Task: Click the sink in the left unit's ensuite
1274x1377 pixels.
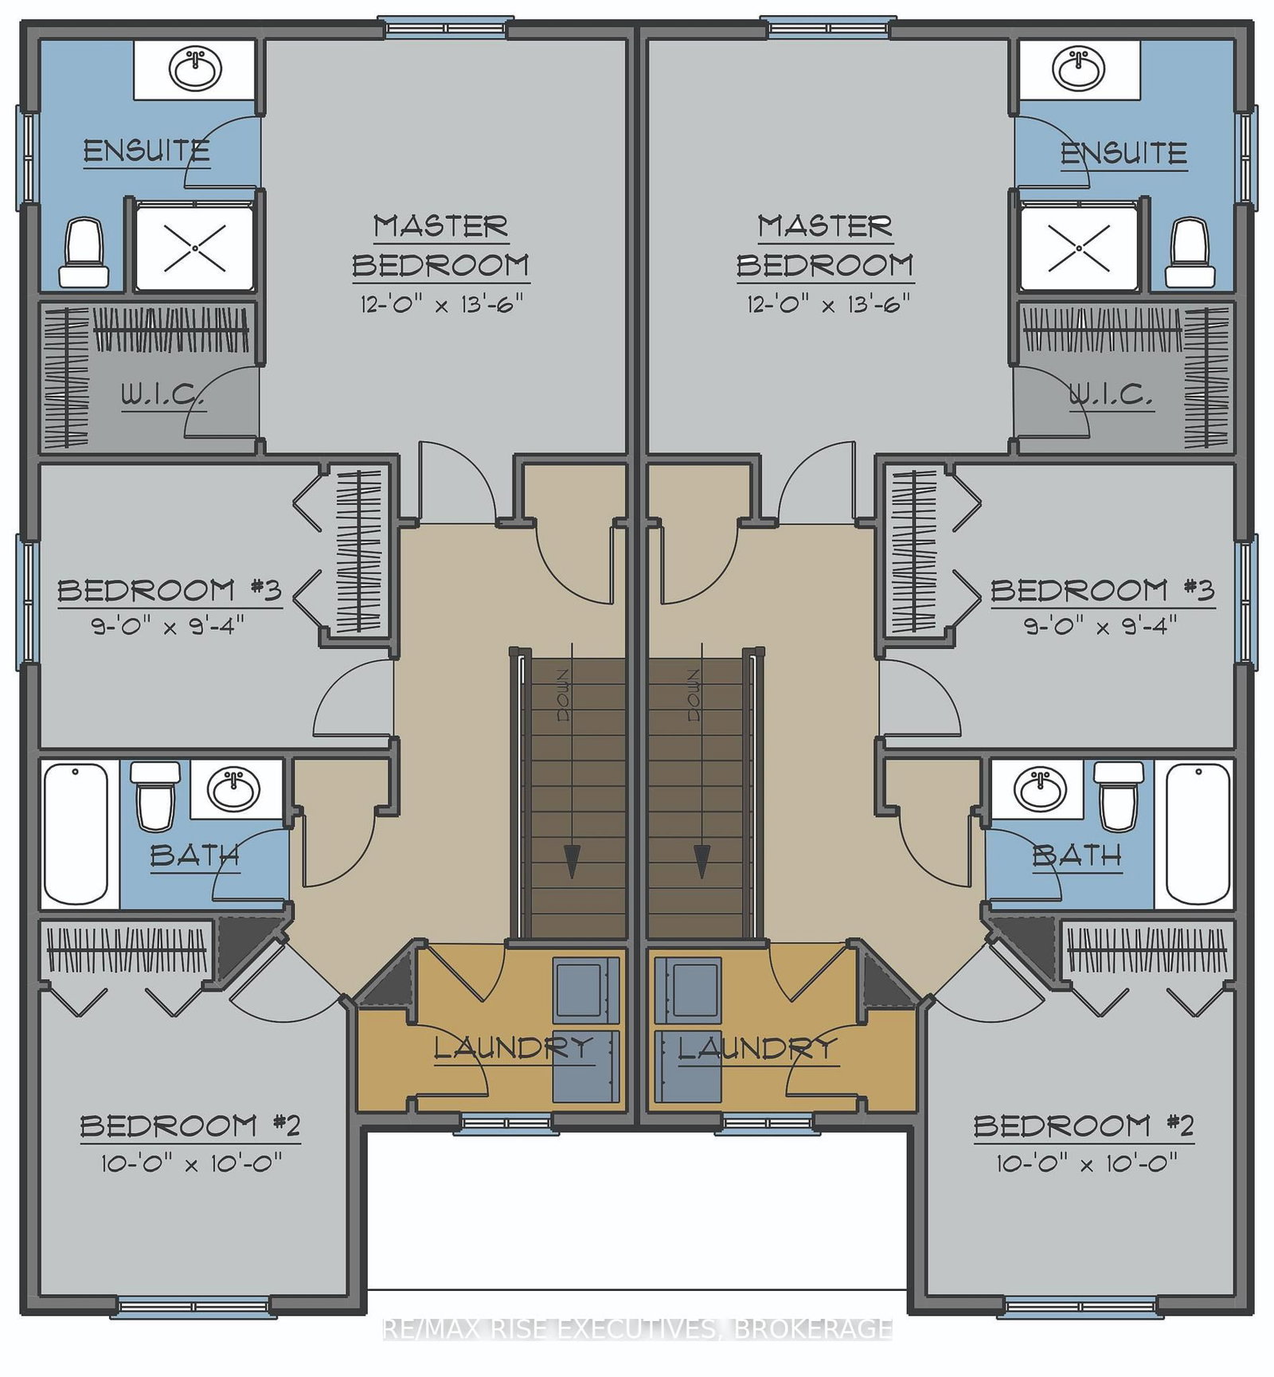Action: [x=195, y=69]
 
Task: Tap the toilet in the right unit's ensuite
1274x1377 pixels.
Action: [x=1190, y=252]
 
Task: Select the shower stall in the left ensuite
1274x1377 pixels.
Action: [x=195, y=248]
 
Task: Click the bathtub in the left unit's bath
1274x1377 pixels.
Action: [x=76, y=834]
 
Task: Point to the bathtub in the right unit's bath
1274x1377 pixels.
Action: [x=1198, y=834]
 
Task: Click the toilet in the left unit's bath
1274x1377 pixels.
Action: [x=155, y=796]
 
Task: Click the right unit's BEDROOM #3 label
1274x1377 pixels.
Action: [x=1103, y=590]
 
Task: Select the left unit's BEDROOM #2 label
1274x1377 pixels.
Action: [x=190, y=1125]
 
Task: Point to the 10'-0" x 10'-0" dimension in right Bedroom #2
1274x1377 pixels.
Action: [x=1087, y=1164]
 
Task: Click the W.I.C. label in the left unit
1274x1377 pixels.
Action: [x=163, y=394]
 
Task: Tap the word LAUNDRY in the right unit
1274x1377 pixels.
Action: [x=758, y=1048]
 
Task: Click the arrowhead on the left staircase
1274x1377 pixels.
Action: [x=573, y=861]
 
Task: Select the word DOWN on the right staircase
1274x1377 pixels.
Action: [x=693, y=695]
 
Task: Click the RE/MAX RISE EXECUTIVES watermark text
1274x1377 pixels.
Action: [x=638, y=1328]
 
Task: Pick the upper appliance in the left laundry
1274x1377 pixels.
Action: [x=585, y=991]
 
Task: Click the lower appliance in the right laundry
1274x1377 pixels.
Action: [x=687, y=1066]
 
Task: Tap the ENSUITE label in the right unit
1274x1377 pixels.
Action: [x=1124, y=153]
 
